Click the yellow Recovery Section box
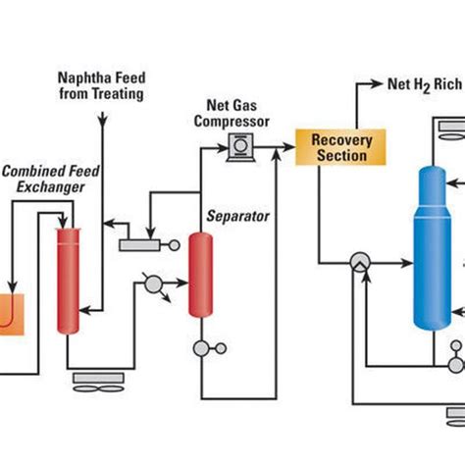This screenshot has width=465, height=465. (x=341, y=146)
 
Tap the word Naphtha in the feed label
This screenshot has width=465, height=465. (x=77, y=77)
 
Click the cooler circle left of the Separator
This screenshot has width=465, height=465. (x=153, y=284)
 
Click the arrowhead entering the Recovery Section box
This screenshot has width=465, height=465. (x=290, y=147)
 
